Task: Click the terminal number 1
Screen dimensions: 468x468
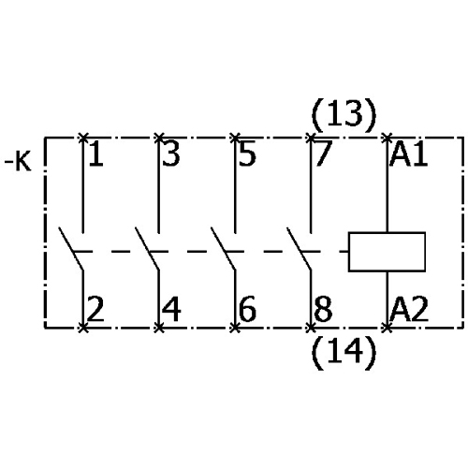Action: point(96,154)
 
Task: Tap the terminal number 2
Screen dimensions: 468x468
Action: point(95,309)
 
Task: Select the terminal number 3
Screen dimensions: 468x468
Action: point(171,154)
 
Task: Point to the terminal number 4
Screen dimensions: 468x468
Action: point(171,309)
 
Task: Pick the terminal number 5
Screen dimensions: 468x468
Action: point(247,154)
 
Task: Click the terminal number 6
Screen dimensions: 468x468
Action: point(247,309)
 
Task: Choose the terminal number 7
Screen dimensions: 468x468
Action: point(323,154)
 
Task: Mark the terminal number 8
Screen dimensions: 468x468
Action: point(323,309)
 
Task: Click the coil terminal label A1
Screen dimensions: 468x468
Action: point(409,154)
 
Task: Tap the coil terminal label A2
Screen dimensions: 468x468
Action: point(409,309)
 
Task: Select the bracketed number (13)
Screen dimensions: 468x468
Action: point(344,115)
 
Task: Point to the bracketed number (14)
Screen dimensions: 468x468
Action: point(344,353)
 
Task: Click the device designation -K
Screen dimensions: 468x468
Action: point(18,162)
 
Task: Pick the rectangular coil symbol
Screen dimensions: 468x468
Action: point(387,252)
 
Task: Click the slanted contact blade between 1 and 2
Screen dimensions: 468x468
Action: point(71,248)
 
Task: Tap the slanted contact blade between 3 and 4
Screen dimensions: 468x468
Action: point(147,248)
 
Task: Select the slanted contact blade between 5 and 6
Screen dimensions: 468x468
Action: point(223,248)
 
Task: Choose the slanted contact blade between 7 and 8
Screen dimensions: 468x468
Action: point(300,248)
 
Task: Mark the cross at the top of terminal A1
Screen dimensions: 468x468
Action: point(388,138)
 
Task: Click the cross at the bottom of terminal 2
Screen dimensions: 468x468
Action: point(83,328)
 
